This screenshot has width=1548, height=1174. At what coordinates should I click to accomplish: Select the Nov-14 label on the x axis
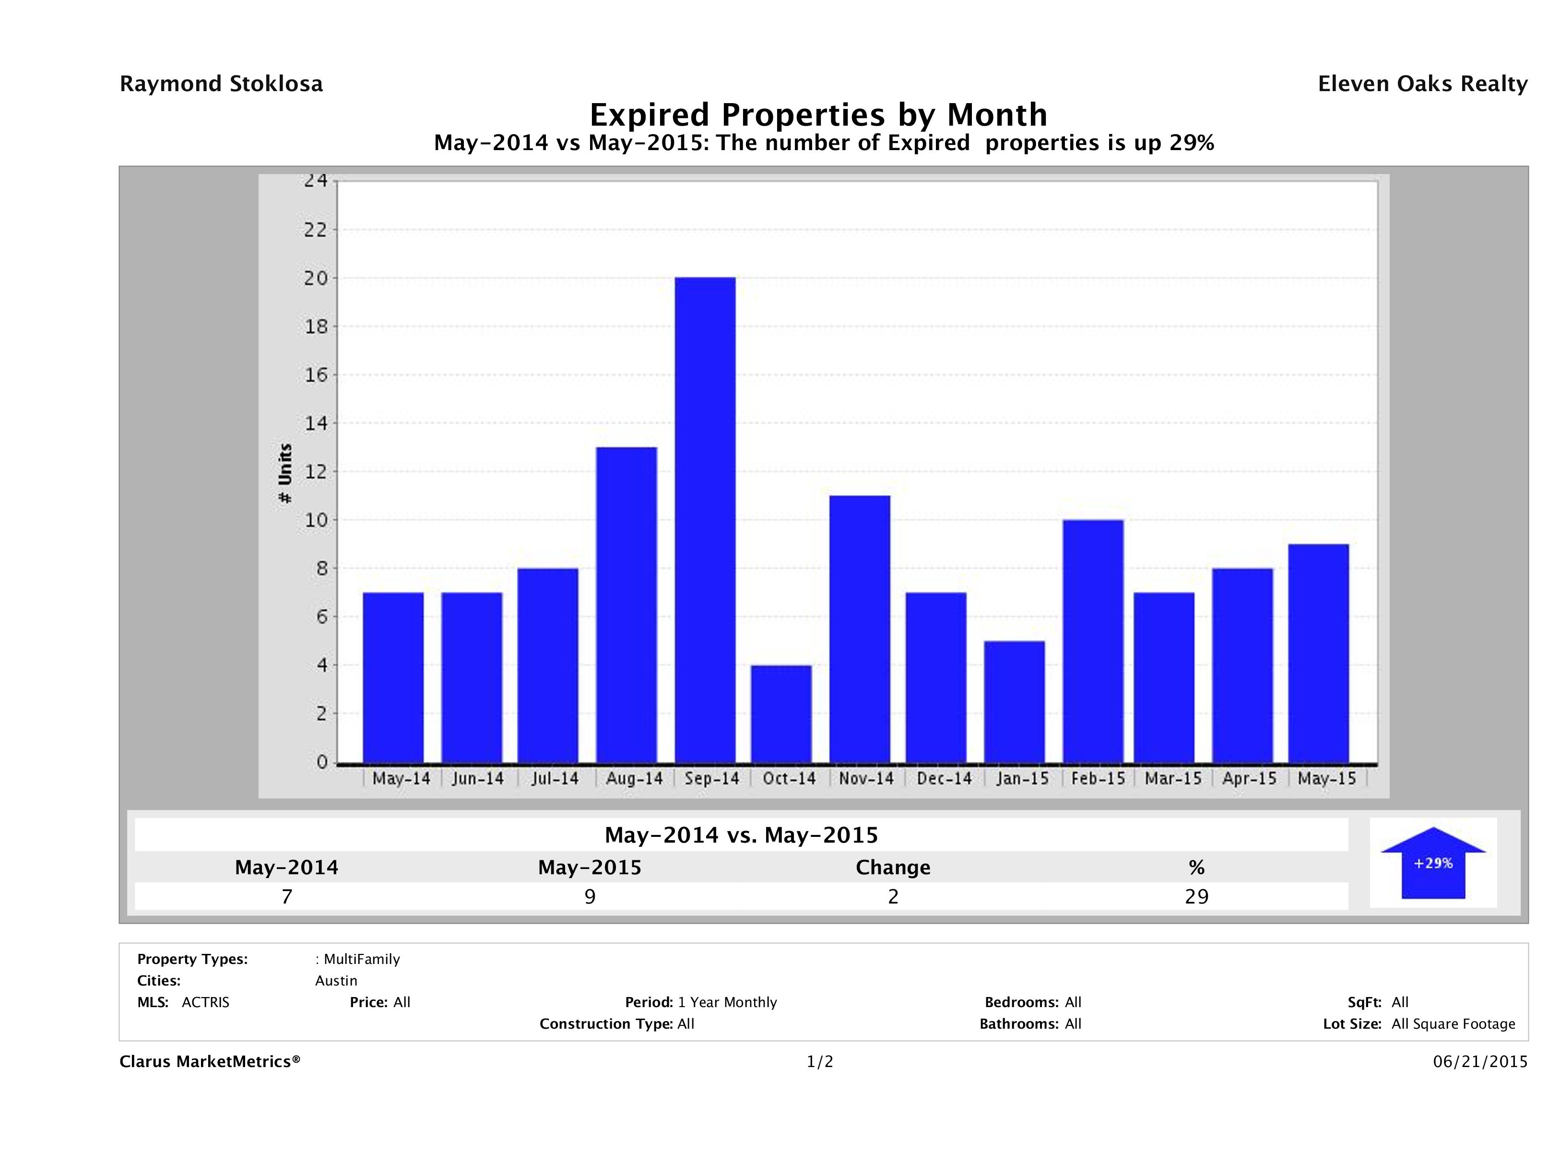[x=866, y=779]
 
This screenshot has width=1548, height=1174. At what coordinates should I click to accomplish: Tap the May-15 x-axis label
[x=1326, y=779]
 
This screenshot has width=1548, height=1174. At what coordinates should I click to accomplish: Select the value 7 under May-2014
[x=286, y=896]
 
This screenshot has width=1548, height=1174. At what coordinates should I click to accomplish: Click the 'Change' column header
[x=893, y=868]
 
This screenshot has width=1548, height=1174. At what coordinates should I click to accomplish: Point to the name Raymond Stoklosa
[x=221, y=84]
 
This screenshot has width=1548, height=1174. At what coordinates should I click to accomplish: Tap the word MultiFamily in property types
[x=361, y=959]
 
